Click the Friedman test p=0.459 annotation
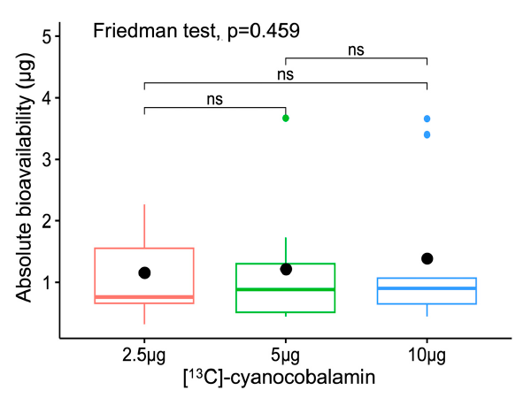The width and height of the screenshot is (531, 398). pos(196,32)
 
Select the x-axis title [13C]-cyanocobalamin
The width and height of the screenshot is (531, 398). pos(285,379)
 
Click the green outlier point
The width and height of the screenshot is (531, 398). pos(286,118)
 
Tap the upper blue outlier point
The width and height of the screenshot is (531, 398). pos(427,119)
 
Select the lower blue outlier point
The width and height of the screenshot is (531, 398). pos(427,134)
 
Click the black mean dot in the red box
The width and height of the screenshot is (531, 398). pos(144,273)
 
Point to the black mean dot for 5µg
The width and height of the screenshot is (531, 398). pos(286,269)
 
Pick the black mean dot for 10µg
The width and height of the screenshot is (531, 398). pos(427,258)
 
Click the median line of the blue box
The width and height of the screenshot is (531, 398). pos(427,288)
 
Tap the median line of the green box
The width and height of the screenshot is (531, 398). pos(286,289)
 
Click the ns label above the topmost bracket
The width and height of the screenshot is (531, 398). pos(357,51)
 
